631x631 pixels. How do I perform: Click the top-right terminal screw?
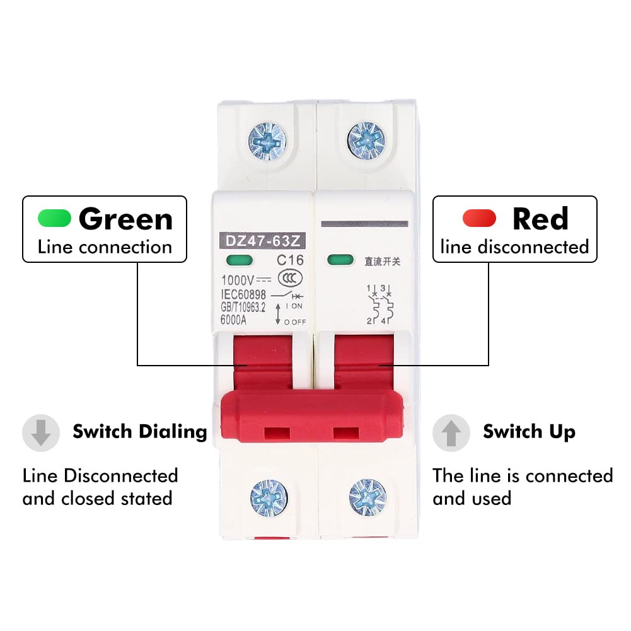click(x=364, y=136)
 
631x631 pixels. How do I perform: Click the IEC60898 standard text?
click(x=243, y=294)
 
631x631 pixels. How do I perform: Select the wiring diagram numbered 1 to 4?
click(x=380, y=305)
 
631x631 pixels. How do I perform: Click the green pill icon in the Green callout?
click(x=54, y=218)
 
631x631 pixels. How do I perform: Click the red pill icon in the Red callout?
click(x=480, y=218)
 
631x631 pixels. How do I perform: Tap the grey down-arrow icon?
click(x=41, y=432)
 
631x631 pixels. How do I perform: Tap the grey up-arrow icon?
click(x=451, y=432)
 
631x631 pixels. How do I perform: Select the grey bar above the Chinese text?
click(x=366, y=224)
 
